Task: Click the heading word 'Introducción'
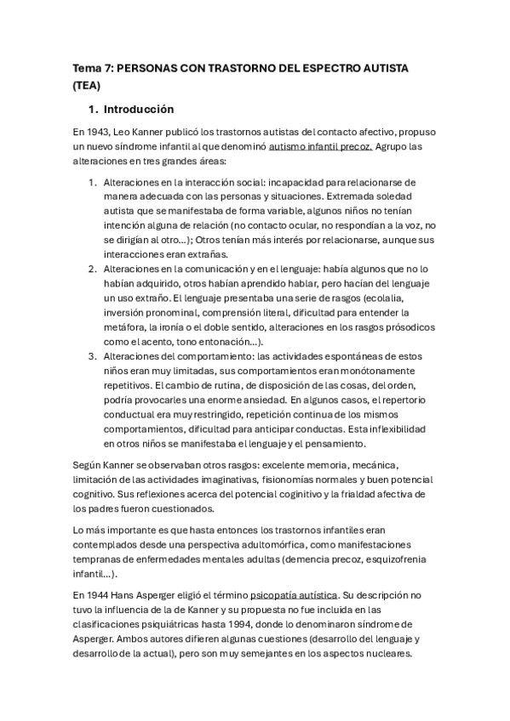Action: (138, 110)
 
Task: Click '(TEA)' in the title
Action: (87, 85)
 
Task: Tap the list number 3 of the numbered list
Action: (93, 355)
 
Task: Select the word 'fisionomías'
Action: (275, 480)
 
